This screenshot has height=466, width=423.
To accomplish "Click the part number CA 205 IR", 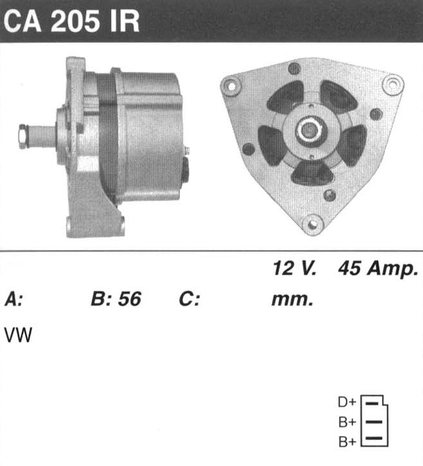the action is click(71, 21).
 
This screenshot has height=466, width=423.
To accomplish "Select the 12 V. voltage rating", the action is click(295, 268).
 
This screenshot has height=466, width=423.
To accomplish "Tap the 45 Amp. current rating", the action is click(378, 269).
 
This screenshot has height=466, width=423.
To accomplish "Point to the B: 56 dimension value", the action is click(116, 299).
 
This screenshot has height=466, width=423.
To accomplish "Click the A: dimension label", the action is click(13, 299).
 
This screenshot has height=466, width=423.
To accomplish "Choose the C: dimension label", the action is click(189, 299).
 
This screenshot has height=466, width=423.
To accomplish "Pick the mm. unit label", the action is click(292, 300).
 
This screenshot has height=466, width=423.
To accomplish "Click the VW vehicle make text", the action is click(18, 335).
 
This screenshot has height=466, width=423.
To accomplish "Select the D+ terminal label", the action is click(347, 402).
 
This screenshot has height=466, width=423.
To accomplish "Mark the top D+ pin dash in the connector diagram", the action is click(372, 403).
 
